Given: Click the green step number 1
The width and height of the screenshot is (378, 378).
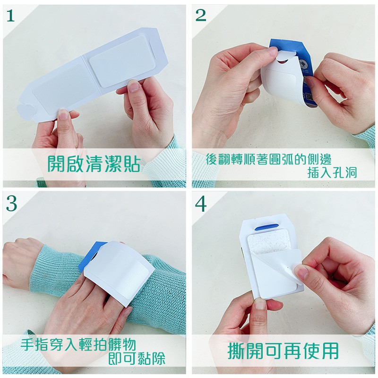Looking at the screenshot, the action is click(10, 16).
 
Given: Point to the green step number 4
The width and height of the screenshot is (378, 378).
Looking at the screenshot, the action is click(200, 204).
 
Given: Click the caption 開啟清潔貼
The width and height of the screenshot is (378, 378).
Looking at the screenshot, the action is click(94, 163).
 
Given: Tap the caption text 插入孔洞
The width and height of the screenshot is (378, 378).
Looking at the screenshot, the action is click(332, 172).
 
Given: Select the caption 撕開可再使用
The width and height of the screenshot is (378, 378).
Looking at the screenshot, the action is click(283, 351).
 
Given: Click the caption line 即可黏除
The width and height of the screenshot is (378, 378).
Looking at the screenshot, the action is click(137, 359).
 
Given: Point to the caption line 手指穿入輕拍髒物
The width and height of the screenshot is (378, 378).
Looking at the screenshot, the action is click(78, 344).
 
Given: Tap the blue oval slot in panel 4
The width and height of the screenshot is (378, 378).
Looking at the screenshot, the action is click(266, 227).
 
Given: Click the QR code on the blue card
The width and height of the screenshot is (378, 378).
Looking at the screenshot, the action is click(309, 97).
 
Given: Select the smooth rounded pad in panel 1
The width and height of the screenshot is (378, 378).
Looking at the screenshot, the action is click(122, 61).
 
